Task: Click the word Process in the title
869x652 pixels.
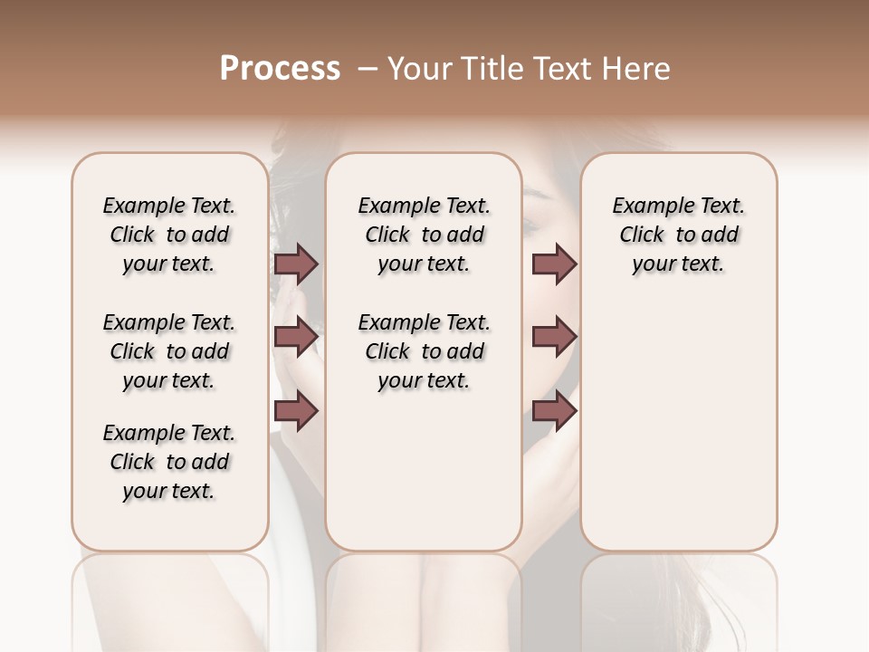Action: [280, 69]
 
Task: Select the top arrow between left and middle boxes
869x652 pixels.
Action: [296, 264]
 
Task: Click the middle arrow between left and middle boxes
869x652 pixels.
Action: [296, 337]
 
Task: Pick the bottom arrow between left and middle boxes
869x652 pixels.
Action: [296, 412]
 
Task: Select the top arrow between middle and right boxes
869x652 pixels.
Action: [554, 264]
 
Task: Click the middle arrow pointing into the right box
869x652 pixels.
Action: [554, 337]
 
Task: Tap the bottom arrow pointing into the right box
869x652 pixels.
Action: [554, 412]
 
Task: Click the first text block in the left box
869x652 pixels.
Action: [169, 235]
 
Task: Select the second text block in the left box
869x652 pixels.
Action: [169, 351]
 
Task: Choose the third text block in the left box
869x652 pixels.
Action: [169, 462]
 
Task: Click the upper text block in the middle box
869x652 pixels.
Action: [424, 235]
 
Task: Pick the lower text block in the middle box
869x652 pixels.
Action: [424, 351]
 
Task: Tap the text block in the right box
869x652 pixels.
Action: [678, 235]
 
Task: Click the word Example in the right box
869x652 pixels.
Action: [647, 206]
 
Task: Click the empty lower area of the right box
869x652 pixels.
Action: [678, 426]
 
